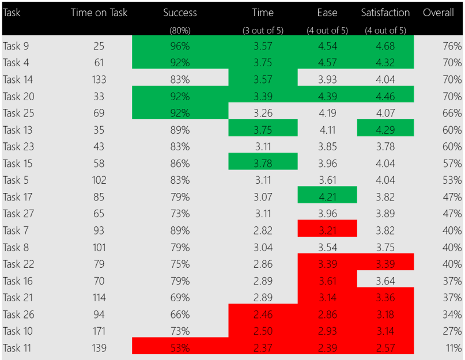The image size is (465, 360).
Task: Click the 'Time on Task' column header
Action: pos(99,13)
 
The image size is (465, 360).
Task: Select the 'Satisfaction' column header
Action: pos(385,13)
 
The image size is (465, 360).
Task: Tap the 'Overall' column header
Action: pos(442,13)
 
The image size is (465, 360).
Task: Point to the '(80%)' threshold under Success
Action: pos(180,31)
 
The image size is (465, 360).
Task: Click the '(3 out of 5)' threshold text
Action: pos(263,31)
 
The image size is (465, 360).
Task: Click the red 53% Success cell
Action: pos(180,348)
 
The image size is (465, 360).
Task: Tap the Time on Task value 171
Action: pos(99,331)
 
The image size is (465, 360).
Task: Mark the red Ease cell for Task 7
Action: pos(327,230)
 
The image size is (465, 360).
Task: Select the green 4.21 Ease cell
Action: pos(327,197)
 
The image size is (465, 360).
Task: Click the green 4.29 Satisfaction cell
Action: pos(385,130)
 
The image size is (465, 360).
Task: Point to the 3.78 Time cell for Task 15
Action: pos(263,164)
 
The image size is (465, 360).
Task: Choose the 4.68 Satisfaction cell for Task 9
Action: pos(385,46)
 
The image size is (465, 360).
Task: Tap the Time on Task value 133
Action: pos(99,79)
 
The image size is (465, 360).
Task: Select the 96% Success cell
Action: pos(180,46)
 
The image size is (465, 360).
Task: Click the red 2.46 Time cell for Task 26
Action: pos(263,314)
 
